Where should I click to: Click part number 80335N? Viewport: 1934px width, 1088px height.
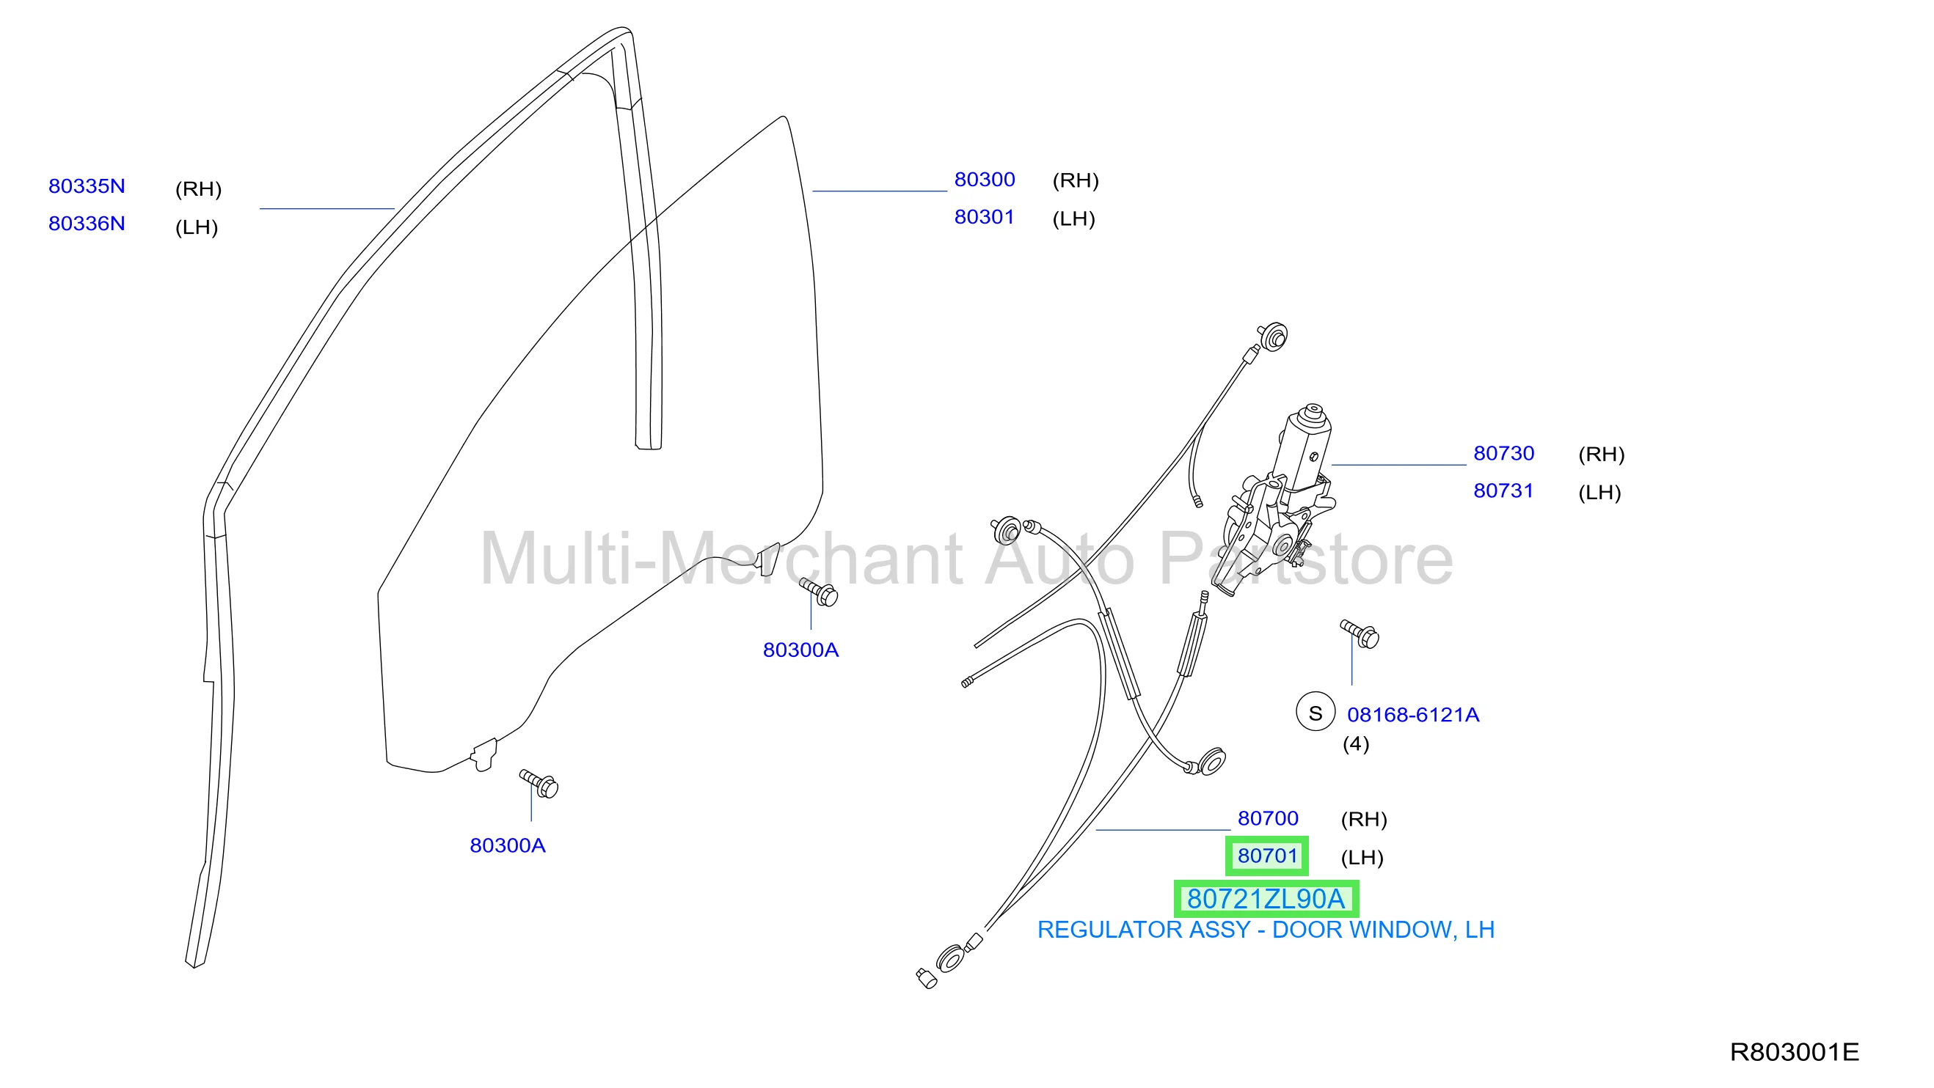(x=87, y=186)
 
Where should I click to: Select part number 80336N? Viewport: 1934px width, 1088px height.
(x=87, y=224)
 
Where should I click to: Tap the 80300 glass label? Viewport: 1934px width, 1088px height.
(x=985, y=180)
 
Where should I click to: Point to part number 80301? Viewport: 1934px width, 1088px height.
(x=985, y=217)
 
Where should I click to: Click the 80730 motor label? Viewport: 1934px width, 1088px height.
(x=1504, y=453)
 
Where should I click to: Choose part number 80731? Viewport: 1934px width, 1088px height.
(x=1503, y=490)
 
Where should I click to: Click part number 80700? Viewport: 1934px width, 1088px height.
(x=1268, y=818)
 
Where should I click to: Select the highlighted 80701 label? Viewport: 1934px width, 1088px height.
(x=1267, y=856)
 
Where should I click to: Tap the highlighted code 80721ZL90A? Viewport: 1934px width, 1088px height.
(x=1266, y=898)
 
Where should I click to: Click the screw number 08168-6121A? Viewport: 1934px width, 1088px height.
(x=1413, y=714)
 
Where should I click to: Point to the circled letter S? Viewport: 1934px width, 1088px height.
(x=1316, y=713)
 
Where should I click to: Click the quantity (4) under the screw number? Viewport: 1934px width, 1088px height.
(x=1356, y=743)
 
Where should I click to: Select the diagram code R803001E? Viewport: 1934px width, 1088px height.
(x=1795, y=1052)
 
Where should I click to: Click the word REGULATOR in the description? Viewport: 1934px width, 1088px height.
(x=1106, y=930)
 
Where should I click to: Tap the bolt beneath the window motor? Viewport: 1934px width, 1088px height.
(x=1360, y=634)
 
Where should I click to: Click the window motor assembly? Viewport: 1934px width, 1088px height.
(x=1277, y=499)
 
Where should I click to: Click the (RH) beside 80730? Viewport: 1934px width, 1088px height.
(x=1602, y=454)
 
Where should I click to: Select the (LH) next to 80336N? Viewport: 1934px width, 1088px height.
(x=197, y=227)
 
